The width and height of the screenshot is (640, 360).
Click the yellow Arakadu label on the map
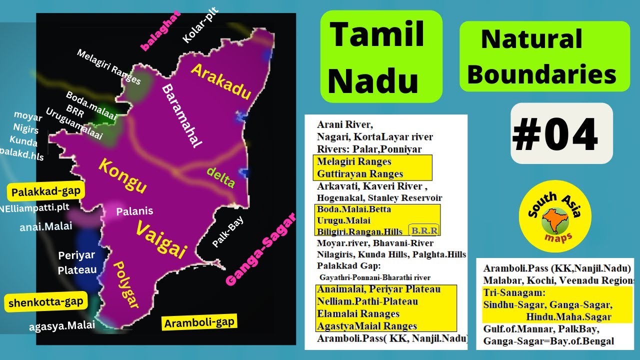(x=220, y=81)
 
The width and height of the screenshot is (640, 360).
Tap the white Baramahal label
(x=181, y=115)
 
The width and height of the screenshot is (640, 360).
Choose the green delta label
(x=220, y=177)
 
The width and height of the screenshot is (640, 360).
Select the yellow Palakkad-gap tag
(x=46, y=191)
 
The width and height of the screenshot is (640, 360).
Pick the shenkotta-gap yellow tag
(x=45, y=302)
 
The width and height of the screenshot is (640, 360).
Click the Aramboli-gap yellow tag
(x=200, y=322)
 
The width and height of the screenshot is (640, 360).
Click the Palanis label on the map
(x=134, y=211)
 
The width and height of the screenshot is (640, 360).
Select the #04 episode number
(x=555, y=134)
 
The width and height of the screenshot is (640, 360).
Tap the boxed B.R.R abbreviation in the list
(x=424, y=230)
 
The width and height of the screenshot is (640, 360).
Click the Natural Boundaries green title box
(x=544, y=56)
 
